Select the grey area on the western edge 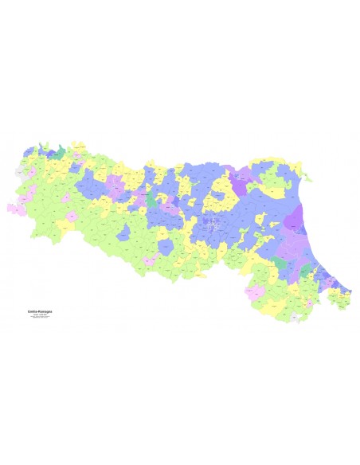coord(19,170)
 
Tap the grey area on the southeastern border coord(296,317)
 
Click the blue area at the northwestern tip coord(32,150)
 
